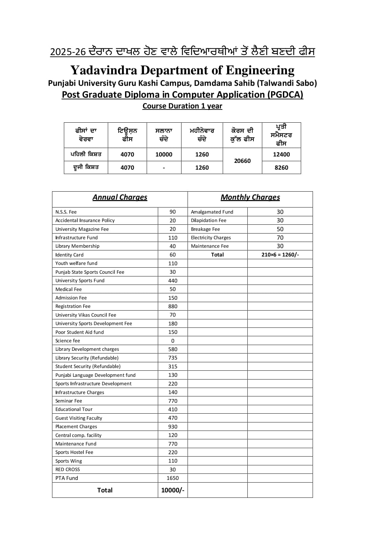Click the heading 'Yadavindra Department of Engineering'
pyautogui.click(x=182, y=70)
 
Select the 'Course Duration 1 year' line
pyautogui.click(x=182, y=106)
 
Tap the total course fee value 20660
pyautogui.click(x=242, y=161)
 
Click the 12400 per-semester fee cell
pyautogui.click(x=281, y=154)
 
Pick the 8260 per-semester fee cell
pyautogui.click(x=281, y=168)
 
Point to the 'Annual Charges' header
pyautogui.click(x=120, y=197)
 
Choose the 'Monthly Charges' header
pyautogui.click(x=250, y=197)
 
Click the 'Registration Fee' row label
pyautogui.click(x=73, y=306)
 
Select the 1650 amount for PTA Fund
pyautogui.click(x=173, y=478)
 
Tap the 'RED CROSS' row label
pyautogui.click(x=68, y=469)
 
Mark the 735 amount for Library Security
pyautogui.click(x=173, y=358)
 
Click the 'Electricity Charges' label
pyautogui.click(x=211, y=238)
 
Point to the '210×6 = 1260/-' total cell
pyautogui.click(x=280, y=255)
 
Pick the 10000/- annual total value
pyautogui.click(x=173, y=490)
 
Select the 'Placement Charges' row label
pyautogui.click(x=76, y=427)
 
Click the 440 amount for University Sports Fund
pyautogui.click(x=173, y=281)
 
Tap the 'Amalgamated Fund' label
pyautogui.click(x=212, y=212)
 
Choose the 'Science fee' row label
pyautogui.click(x=68, y=341)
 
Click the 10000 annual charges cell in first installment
pyautogui.click(x=164, y=154)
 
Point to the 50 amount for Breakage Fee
pyautogui.click(x=280, y=229)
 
